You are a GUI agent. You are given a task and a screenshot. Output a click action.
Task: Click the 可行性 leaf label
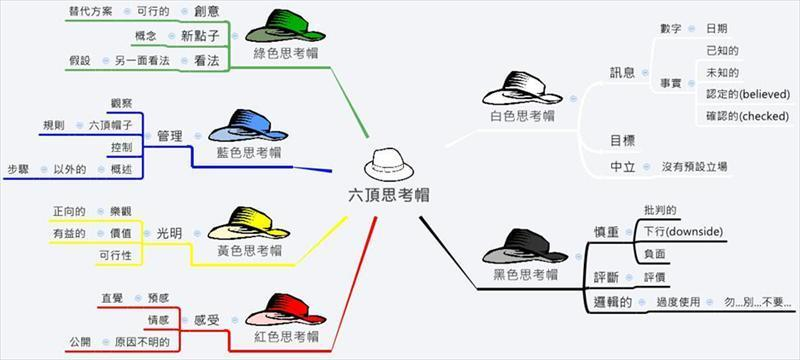pyautogui.click(x=117, y=255)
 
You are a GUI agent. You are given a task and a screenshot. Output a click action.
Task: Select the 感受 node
pyautogui.click(x=206, y=320)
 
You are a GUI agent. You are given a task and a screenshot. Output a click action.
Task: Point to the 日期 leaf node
pyautogui.click(x=717, y=28)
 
